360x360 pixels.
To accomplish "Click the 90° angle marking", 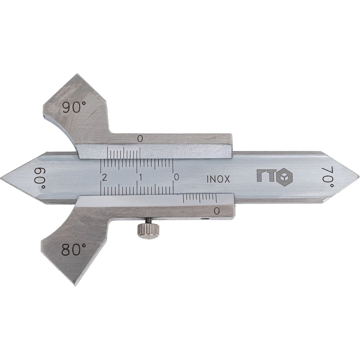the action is (x=74, y=107).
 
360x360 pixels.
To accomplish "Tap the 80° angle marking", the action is (x=73, y=249).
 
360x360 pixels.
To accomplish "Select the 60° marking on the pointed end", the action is (x=40, y=178).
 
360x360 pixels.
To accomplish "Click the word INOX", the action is (x=218, y=179).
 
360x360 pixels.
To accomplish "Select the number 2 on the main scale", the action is (x=105, y=177).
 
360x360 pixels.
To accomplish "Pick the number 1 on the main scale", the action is (x=140, y=177).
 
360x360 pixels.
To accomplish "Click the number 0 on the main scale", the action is (x=176, y=177).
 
